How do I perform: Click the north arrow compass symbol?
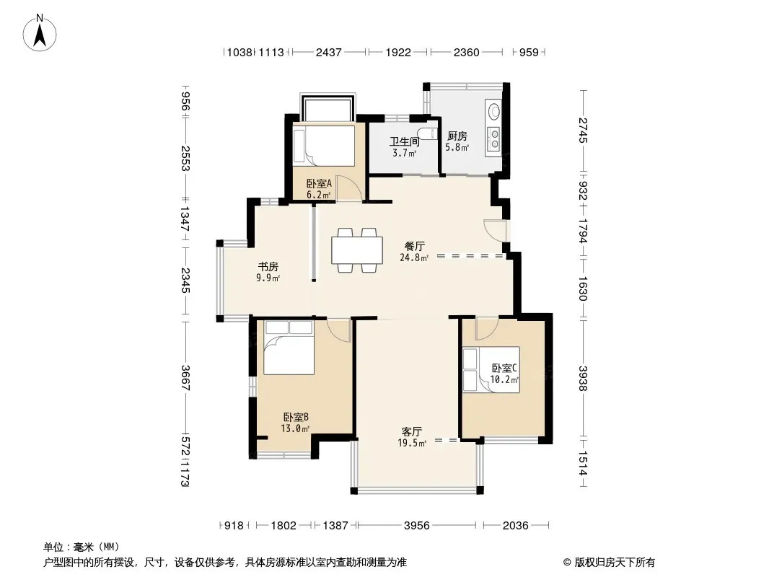coord(40,32)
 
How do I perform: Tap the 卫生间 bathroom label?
coord(405,141)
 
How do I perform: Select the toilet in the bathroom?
coord(429,133)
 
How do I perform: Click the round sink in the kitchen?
coord(493,111)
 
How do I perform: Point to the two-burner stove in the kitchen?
coord(493,138)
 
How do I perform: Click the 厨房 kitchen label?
coord(457,136)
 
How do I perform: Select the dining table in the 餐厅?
coord(357,250)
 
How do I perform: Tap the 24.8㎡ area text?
coord(414,257)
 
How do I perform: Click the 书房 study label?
coord(268,267)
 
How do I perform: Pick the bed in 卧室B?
coord(289,348)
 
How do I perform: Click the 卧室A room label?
coord(320,183)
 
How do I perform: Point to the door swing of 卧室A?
coord(348,188)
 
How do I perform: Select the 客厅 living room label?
coord(412,432)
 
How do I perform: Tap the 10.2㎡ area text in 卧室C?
coord(504,379)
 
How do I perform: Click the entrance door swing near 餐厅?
coord(495,230)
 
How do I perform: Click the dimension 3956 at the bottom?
coord(417,526)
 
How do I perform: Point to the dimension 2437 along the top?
coord(328,52)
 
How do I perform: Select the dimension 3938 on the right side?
coord(583,379)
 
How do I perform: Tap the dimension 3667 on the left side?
coord(185,377)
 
